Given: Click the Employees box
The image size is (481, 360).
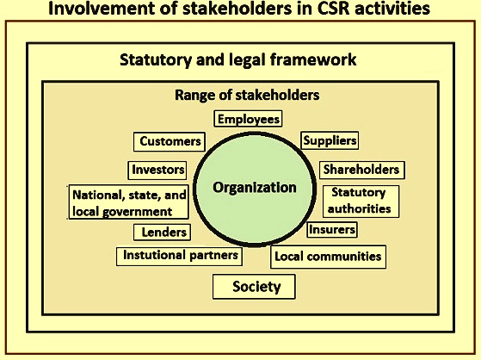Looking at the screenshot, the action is pyautogui.click(x=248, y=119).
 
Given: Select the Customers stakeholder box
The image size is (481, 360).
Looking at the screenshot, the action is pyautogui.click(x=170, y=141).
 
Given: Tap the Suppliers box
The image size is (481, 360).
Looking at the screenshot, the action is pyautogui.click(x=330, y=140).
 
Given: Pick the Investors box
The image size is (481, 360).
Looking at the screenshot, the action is pyautogui.click(x=157, y=171).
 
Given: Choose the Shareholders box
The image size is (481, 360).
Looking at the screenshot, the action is pyautogui.click(x=362, y=170).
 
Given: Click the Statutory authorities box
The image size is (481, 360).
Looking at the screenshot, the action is pyautogui.click(x=361, y=202).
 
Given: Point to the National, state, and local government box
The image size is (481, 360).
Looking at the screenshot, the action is pyautogui.click(x=128, y=202).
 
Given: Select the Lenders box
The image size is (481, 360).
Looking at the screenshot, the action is pyautogui.click(x=162, y=232).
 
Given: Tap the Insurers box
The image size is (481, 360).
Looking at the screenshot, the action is pyautogui.click(x=332, y=230).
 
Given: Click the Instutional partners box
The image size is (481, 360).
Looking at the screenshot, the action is pyautogui.click(x=179, y=256).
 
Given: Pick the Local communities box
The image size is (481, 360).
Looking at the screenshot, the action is pyautogui.click(x=328, y=257).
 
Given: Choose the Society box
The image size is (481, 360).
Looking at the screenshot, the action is pyautogui.click(x=254, y=287).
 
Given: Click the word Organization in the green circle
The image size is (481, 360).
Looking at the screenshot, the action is pyautogui.click(x=255, y=188).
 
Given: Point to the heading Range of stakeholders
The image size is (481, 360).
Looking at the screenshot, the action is pyautogui.click(x=247, y=95).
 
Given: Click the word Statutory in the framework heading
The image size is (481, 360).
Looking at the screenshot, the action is pyautogui.click(x=156, y=60).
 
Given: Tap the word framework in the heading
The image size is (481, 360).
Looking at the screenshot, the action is pyautogui.click(x=313, y=59).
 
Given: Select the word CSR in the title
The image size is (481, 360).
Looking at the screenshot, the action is pyautogui.click(x=333, y=9).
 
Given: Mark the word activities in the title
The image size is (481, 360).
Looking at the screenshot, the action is pyautogui.click(x=392, y=9).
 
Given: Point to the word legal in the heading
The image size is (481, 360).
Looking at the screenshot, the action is pyautogui.click(x=248, y=60).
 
